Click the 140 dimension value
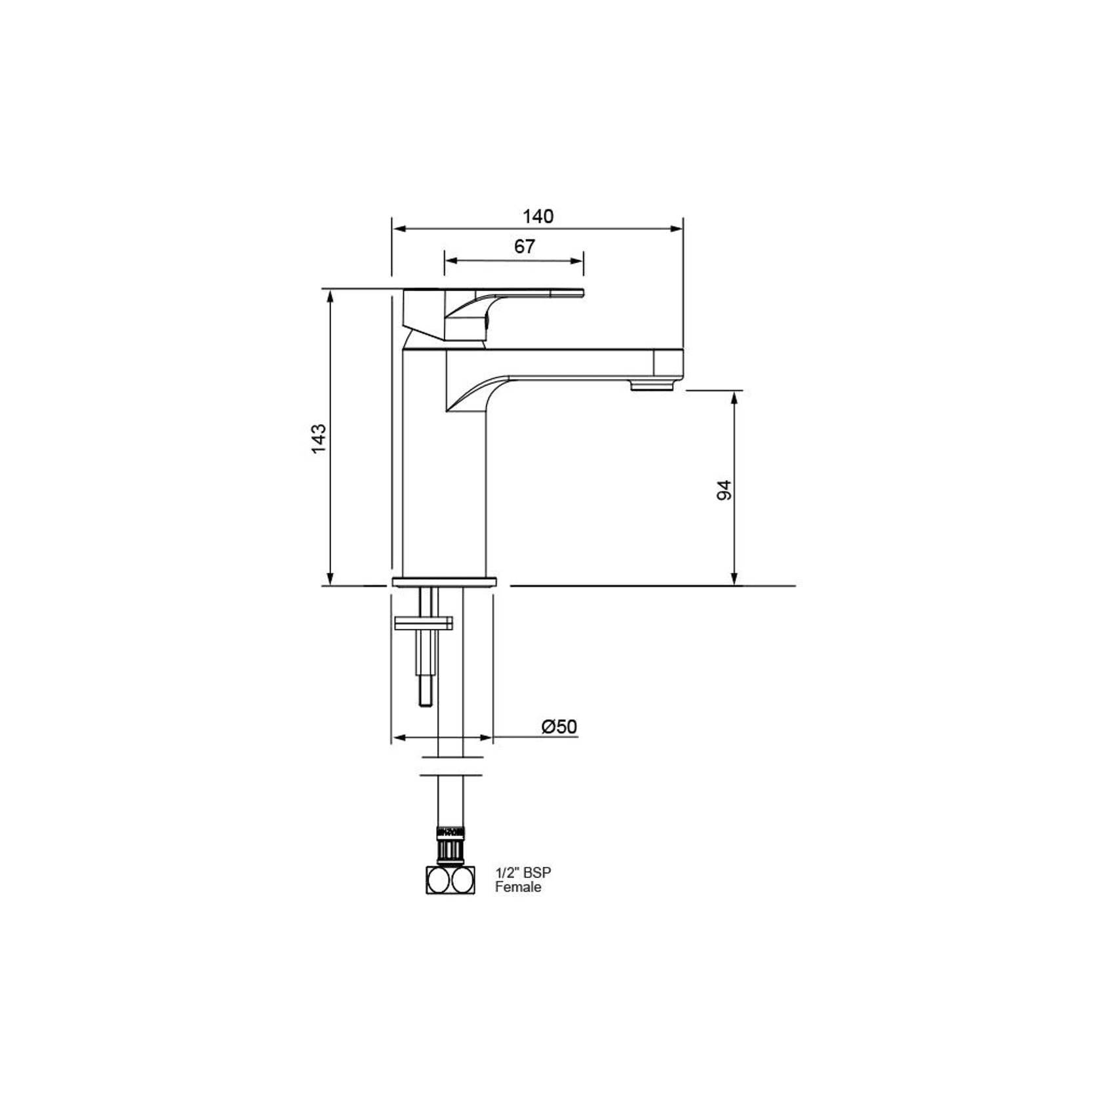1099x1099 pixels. [538, 216]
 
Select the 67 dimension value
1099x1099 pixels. [525, 247]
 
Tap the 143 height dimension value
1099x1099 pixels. [318, 439]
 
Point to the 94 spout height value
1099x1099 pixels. [724, 490]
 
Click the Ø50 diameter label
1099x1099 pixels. [559, 727]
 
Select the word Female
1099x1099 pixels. [518, 887]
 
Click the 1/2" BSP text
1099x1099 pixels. [523, 873]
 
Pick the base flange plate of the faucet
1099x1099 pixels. [444, 582]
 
